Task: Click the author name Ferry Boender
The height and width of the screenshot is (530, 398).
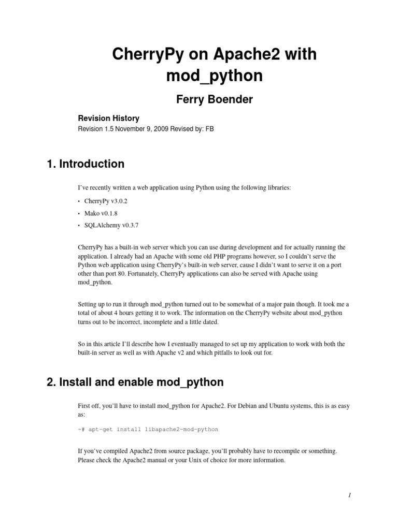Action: coord(215,99)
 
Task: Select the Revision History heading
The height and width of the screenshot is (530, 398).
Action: coord(108,119)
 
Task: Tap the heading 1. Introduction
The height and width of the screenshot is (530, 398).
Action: coord(86,164)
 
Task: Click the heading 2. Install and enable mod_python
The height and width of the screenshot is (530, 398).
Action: coord(135,382)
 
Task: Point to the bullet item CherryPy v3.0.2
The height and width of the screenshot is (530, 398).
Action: coord(103,201)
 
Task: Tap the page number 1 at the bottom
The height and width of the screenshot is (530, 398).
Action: coord(350,495)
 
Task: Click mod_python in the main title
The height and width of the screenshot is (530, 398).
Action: coord(215,76)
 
